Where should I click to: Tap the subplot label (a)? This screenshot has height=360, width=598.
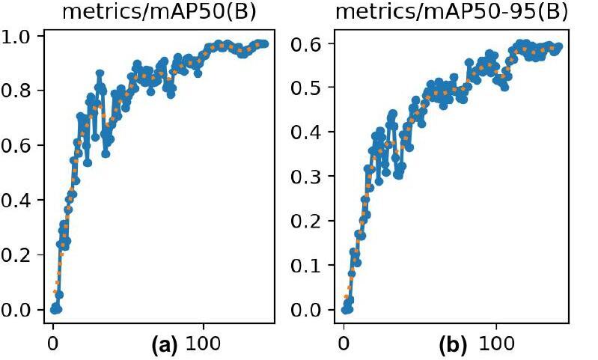pyautogui.click(x=163, y=346)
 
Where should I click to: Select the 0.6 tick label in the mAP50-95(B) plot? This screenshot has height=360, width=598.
pyautogui.click(x=308, y=44)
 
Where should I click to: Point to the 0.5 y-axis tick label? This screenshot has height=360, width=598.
pyautogui.click(x=308, y=88)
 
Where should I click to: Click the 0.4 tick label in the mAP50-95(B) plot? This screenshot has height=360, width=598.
pyautogui.click(x=308, y=132)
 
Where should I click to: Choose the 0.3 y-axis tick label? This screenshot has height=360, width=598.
pyautogui.click(x=308, y=177)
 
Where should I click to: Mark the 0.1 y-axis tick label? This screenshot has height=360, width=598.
pyautogui.click(x=308, y=266)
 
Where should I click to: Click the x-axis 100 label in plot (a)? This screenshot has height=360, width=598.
pyautogui.click(x=204, y=346)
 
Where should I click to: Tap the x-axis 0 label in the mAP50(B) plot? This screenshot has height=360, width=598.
pyautogui.click(x=53, y=346)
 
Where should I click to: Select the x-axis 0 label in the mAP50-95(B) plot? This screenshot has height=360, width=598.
pyautogui.click(x=344, y=346)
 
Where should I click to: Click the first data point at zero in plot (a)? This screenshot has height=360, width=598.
pyautogui.click(x=54, y=309)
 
